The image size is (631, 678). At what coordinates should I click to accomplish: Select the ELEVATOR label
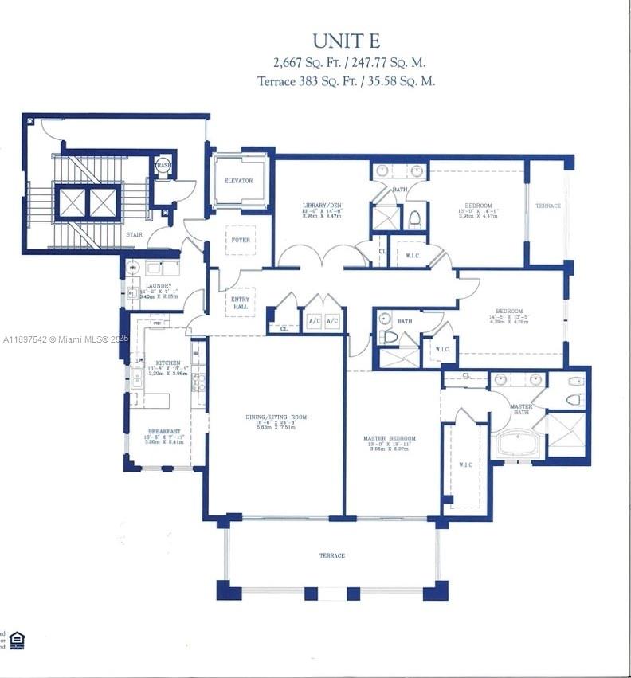tap(238, 181)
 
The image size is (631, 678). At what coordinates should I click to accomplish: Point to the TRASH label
tap(163, 165)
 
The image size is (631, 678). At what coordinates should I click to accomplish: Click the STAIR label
tap(134, 234)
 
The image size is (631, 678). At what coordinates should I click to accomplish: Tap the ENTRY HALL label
tap(239, 302)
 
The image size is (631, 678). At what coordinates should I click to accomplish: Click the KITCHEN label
tap(168, 363)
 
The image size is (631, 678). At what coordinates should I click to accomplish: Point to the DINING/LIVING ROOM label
tap(276, 417)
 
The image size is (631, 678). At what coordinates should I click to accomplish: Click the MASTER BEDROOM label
tap(390, 438)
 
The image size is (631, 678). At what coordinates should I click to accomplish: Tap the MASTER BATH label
tap(522, 409)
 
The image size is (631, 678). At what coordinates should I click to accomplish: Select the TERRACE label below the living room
tap(332, 555)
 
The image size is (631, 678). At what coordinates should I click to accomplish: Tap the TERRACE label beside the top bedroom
tap(547, 206)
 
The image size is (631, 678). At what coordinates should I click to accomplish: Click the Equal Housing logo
tap(17, 640)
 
